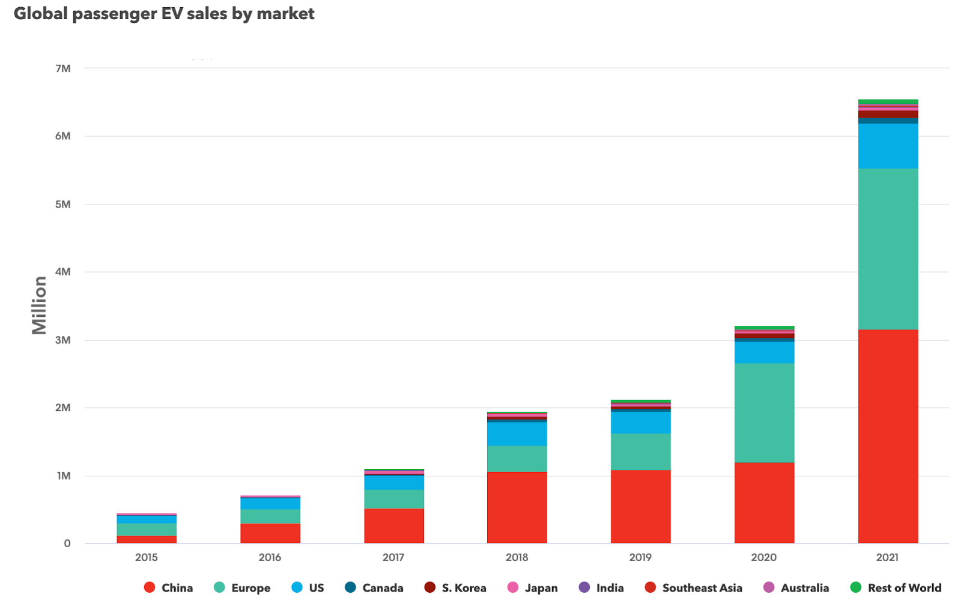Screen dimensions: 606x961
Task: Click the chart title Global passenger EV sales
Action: [164, 13]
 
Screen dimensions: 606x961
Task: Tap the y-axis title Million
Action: [39, 305]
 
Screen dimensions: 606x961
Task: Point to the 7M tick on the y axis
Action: [63, 68]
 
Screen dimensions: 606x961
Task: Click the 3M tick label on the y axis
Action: [63, 340]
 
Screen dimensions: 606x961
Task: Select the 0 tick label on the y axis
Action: [67, 544]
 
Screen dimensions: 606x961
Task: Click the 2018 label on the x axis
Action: [517, 557]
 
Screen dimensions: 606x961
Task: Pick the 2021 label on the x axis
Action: [887, 557]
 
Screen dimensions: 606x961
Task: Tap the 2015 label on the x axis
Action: [146, 557]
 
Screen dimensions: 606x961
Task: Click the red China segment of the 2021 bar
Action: [888, 436]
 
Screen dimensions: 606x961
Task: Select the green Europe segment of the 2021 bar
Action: [888, 249]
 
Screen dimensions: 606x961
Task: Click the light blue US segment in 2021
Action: [888, 146]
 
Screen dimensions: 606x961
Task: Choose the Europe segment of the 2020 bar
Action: [764, 413]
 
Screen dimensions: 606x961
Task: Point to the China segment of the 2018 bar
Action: [517, 508]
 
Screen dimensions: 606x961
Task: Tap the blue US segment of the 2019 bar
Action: [640, 422]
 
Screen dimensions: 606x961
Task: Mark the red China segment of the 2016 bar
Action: [270, 533]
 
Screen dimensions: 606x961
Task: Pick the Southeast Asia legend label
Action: [702, 588]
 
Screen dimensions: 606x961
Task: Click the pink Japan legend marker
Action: [512, 587]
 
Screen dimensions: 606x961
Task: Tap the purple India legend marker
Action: [584, 587]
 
